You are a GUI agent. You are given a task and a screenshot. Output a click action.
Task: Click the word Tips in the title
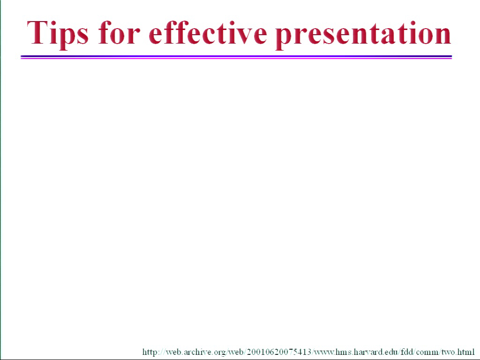(x=58, y=34)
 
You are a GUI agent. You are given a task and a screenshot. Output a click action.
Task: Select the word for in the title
(x=120, y=32)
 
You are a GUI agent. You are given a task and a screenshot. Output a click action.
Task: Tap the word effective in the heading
(x=208, y=32)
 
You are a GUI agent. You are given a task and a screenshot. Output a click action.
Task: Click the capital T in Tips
(x=37, y=32)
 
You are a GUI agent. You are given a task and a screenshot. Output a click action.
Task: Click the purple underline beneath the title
(x=236, y=57)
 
